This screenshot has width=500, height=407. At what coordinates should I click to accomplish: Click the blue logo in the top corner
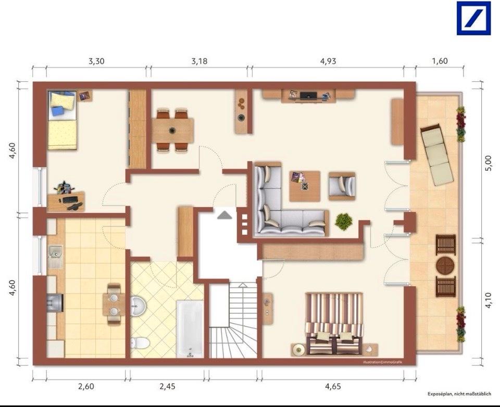[x=473, y=18]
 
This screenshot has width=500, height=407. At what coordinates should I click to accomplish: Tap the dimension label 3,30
[x=96, y=61]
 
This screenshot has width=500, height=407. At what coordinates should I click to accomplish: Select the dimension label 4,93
[x=328, y=61]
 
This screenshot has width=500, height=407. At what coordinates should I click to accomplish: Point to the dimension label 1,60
[x=440, y=60]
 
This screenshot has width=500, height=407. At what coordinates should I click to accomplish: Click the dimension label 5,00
[x=488, y=163]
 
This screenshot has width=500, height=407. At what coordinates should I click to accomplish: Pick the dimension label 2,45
[x=167, y=386]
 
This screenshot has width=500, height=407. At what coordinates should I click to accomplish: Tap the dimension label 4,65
[x=333, y=386]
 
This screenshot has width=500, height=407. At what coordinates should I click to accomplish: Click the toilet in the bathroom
[x=140, y=344]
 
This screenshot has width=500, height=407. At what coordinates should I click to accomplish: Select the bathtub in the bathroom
[x=190, y=328]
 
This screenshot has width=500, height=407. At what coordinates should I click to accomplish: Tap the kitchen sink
[x=56, y=253]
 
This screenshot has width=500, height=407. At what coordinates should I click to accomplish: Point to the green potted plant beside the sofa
[x=343, y=222]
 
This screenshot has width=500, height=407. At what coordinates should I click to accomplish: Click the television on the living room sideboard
[x=309, y=95]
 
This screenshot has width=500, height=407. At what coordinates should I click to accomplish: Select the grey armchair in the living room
[x=342, y=186]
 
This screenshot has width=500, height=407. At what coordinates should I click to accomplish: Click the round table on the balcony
[x=445, y=265]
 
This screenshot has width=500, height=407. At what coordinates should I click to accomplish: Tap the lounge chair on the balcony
[x=437, y=155]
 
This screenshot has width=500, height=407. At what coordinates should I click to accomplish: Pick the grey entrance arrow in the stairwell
[x=225, y=215]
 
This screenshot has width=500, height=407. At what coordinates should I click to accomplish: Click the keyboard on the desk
[x=70, y=200]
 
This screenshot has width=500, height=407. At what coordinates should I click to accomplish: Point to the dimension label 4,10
[x=488, y=300]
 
